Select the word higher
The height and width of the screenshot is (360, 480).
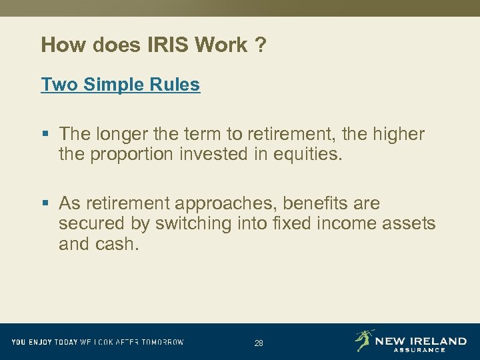[395, 134]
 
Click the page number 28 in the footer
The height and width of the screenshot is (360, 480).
[259, 343]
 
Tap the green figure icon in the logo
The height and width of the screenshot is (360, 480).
[363, 340]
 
